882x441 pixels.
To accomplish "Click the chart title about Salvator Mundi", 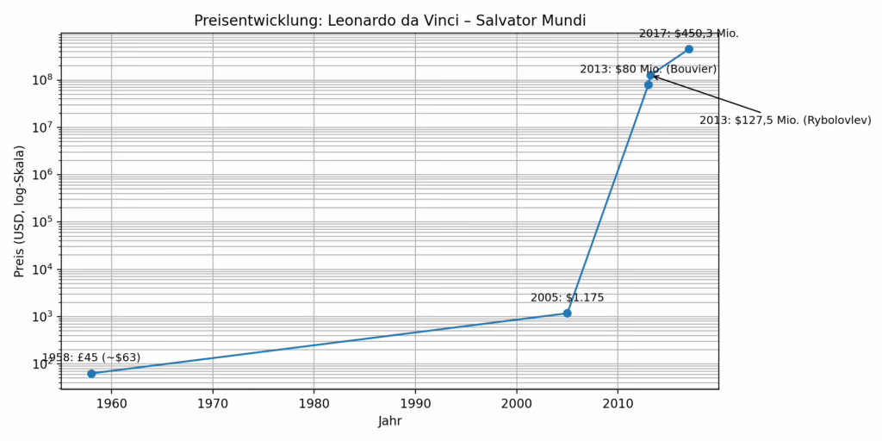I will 389,20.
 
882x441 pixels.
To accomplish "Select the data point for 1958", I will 91,373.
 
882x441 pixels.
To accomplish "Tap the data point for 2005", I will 567,313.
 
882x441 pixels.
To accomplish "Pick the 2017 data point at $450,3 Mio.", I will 688,49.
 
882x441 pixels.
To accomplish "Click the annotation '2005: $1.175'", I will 567,298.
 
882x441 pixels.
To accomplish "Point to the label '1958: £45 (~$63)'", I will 91,357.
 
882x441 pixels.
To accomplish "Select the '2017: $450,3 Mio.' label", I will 688,34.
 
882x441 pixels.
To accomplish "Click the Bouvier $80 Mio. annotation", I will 648,69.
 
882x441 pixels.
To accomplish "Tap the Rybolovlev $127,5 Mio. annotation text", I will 785,121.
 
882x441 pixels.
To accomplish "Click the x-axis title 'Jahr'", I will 389,422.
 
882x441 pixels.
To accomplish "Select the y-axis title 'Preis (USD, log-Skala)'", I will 19,211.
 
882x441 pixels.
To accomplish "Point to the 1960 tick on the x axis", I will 111,402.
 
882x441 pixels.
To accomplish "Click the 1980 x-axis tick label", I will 314,402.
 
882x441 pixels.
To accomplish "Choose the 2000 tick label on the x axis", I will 516,402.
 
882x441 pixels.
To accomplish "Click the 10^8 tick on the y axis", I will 43,80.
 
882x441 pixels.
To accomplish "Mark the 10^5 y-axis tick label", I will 43,221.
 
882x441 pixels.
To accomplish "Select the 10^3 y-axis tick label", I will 43,316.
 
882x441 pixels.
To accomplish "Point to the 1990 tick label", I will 415,402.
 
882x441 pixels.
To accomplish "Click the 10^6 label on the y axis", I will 43,175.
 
